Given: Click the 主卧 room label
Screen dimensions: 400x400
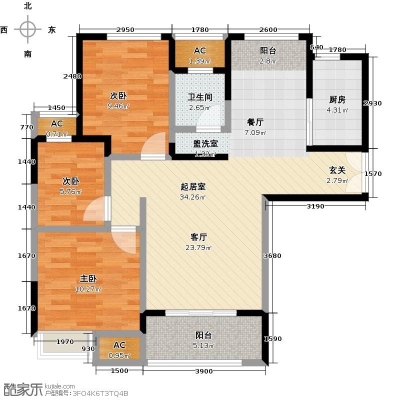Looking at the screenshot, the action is [x=88, y=278].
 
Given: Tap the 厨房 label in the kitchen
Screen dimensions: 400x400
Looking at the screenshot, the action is [x=337, y=99].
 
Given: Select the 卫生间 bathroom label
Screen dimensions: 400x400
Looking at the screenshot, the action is [x=200, y=97].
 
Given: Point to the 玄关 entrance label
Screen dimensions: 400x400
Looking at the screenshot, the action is [x=337, y=170].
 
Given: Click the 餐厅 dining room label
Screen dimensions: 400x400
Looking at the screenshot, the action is [x=255, y=122].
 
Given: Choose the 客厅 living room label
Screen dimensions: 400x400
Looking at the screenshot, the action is [x=198, y=237].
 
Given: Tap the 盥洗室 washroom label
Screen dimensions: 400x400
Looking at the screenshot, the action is [x=205, y=143].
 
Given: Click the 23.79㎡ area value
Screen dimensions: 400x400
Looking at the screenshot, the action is [x=198, y=247].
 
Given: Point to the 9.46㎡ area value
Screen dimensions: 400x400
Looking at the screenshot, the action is [x=118, y=106].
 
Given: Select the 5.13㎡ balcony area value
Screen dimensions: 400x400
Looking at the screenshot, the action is [x=203, y=345].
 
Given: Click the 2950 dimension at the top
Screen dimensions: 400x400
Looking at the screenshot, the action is [x=125, y=29].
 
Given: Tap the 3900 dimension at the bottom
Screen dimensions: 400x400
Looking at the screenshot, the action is [x=204, y=371].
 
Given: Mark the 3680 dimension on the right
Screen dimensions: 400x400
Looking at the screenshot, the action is [x=272, y=255].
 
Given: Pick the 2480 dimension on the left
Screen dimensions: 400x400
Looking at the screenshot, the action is [x=72, y=76].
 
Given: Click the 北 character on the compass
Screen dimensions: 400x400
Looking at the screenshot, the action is [x=27, y=5].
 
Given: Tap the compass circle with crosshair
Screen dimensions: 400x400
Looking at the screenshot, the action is [x=27, y=29].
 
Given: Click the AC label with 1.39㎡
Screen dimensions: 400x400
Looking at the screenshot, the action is [x=199, y=50].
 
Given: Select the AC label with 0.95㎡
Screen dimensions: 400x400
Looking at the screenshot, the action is [x=119, y=345].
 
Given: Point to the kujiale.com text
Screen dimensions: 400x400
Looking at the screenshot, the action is [x=59, y=386].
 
